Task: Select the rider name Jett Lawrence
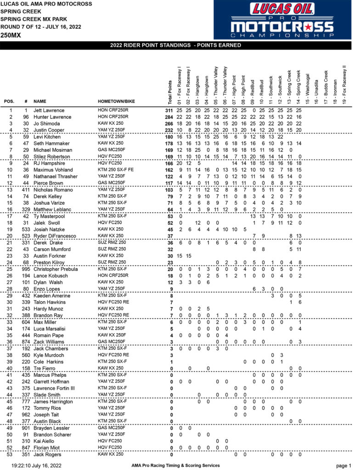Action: (x=48, y=111)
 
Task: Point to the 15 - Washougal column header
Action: (x=307, y=87)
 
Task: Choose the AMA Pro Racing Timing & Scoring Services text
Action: (x=175, y=465)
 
